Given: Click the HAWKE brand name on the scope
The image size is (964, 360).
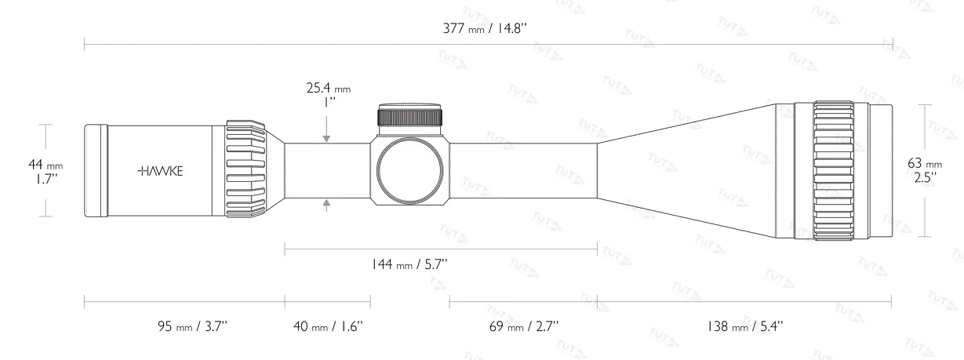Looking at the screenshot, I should (x=161, y=170).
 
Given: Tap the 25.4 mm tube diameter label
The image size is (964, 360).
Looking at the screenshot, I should (x=328, y=90).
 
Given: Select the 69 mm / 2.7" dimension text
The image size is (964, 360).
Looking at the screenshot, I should (x=522, y=325).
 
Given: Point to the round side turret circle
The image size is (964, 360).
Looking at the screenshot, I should (x=411, y=170).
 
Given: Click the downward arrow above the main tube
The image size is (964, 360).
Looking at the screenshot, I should (x=327, y=137).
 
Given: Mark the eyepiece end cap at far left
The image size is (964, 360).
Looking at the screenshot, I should (x=96, y=169).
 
